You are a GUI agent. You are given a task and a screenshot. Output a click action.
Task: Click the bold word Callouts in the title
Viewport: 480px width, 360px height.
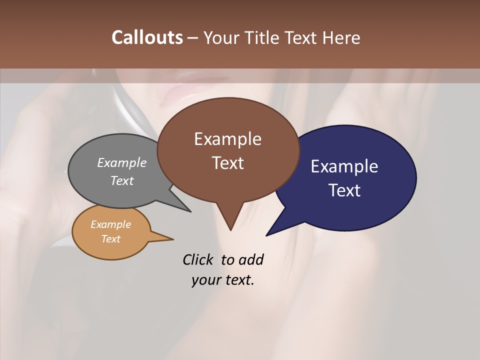tap(147, 37)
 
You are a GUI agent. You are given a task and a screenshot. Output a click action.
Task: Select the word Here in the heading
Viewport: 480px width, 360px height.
tap(341, 37)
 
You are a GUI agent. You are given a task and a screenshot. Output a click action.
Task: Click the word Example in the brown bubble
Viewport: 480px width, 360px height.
tap(227, 139)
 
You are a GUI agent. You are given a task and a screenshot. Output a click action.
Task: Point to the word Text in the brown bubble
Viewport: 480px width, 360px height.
tap(227, 163)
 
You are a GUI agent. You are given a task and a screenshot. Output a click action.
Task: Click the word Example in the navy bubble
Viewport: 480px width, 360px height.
tap(344, 166)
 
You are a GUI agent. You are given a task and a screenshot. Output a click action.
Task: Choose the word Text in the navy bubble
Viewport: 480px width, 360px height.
tap(345, 190)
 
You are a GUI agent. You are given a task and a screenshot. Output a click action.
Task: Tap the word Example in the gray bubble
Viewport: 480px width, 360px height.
tap(122, 162)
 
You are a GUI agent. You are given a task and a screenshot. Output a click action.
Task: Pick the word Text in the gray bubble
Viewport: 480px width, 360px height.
tap(122, 180)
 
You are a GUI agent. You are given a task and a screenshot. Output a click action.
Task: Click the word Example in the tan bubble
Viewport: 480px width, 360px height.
tap(110, 224)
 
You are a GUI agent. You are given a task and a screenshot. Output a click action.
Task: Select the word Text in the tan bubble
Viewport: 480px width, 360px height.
tap(110, 239)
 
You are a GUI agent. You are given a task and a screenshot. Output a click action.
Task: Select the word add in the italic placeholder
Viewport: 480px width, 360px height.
tap(251, 259)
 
